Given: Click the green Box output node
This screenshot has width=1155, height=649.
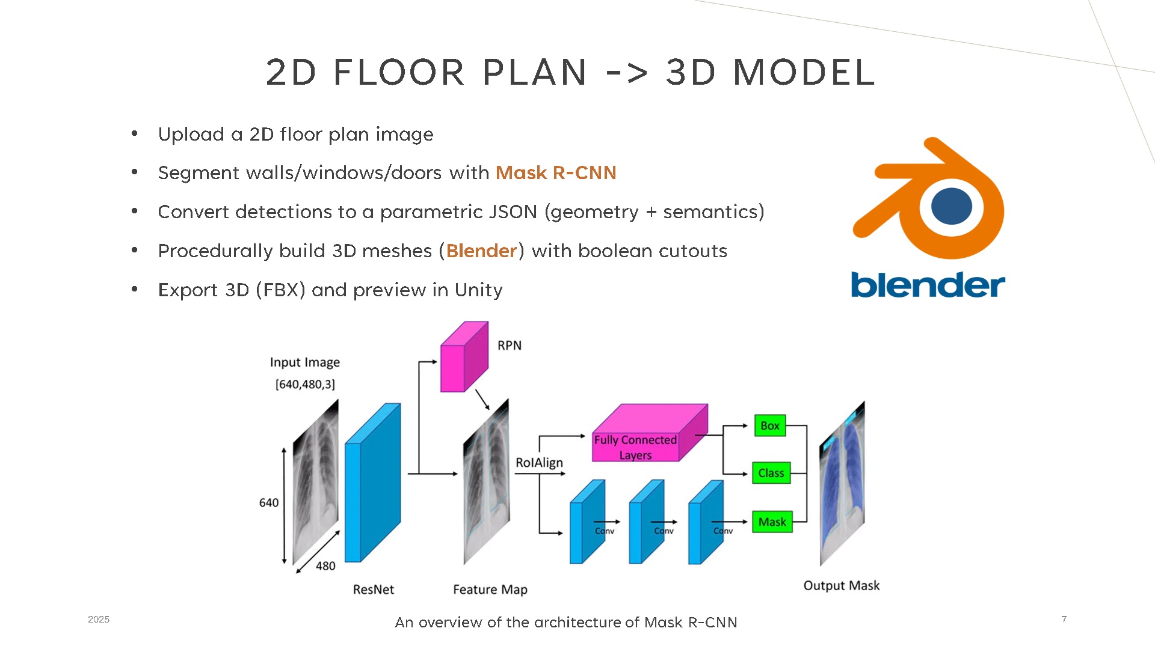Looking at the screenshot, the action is point(770,425).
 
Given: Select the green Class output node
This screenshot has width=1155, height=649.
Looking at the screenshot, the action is point(771,473).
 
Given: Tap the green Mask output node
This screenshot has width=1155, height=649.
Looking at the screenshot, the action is point(772,522).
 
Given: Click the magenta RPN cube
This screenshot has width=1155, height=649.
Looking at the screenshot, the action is point(464,356).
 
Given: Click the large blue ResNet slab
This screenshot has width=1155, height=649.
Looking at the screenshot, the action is point(372,483).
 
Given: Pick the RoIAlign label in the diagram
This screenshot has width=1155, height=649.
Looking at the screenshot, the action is point(539,463).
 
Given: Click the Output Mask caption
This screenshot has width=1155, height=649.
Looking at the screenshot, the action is point(842,585).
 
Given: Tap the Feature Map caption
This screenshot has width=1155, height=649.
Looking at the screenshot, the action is point(490,590).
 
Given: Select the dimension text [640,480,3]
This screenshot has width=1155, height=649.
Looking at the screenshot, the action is point(305,384).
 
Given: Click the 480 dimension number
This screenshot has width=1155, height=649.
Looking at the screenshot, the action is point(325,566).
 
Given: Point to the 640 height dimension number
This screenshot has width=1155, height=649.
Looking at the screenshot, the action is point(269,503).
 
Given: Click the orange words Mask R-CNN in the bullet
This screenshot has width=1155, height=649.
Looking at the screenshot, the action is point(556,173).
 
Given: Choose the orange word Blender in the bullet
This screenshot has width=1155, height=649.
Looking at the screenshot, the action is point(482,251).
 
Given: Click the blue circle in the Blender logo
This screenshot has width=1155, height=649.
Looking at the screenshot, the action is point(952,206).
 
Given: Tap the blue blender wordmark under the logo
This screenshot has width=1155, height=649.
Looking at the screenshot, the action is point(928,285).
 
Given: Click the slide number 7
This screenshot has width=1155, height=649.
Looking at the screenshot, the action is point(1064,619).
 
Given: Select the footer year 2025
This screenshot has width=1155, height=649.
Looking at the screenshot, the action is point(99,620).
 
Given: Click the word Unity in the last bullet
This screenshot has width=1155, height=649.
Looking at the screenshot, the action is point(478,290).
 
